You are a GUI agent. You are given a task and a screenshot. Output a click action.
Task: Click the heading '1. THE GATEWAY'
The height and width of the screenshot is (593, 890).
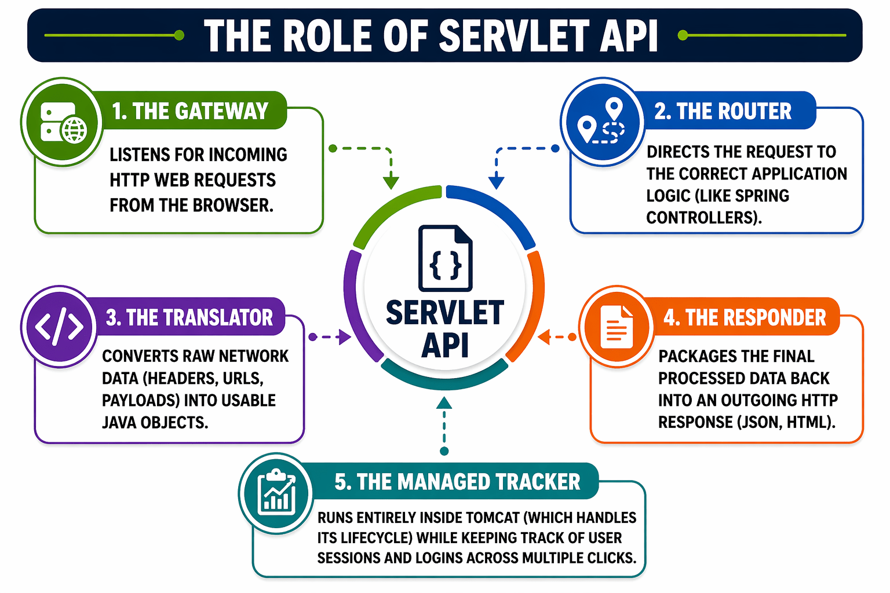(x=190, y=111)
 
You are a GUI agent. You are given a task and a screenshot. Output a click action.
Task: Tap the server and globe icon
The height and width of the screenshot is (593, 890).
(x=63, y=122)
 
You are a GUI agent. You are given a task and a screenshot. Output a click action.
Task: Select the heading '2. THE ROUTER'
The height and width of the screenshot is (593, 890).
(x=723, y=111)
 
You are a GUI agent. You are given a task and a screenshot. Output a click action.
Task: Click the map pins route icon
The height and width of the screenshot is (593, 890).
(x=603, y=122)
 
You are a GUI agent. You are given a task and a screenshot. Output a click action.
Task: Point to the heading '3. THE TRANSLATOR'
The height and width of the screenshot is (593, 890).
(x=189, y=317)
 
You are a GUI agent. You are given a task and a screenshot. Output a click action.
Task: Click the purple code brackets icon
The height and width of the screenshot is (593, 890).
(x=59, y=327)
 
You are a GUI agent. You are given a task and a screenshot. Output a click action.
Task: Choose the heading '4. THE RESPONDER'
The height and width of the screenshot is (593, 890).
(x=745, y=317)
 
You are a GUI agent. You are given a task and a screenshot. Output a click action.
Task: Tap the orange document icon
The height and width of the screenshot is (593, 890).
(x=617, y=327)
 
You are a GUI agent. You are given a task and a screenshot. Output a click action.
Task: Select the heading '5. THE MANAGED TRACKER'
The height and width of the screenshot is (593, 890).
(x=457, y=482)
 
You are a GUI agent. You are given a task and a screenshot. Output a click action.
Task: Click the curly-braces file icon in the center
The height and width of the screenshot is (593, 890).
(x=445, y=258)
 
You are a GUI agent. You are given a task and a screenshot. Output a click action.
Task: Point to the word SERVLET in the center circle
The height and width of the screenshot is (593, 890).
(x=445, y=313)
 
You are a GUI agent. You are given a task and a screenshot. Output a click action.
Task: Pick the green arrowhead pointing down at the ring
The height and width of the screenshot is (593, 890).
(x=391, y=182)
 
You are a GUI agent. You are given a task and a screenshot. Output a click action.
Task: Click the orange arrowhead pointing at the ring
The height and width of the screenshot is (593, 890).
(x=544, y=337)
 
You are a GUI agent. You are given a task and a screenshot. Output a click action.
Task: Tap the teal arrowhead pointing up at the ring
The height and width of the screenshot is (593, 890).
(x=444, y=403)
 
